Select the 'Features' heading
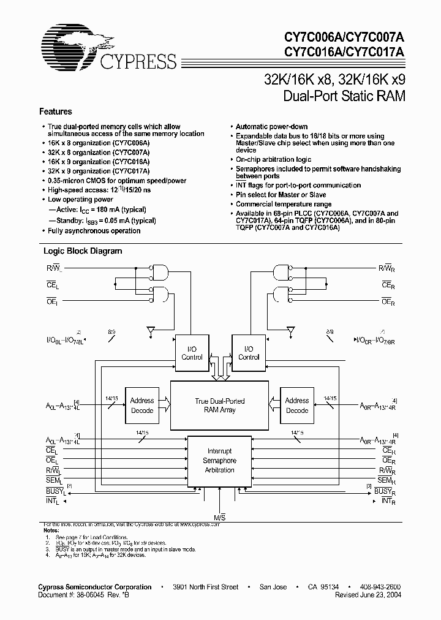pos(55,112)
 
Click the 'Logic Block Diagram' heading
pos(82,251)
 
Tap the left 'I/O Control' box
pos(192,353)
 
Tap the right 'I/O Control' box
pos(249,353)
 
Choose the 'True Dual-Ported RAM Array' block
pos(219,406)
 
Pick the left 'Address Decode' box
pos(142,405)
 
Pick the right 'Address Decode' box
pos(297,405)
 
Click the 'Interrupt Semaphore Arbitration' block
pos(219,460)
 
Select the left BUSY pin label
pos(54,491)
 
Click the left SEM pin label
pos(53,481)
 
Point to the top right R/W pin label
pos(389,268)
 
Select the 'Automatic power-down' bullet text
pos(272,127)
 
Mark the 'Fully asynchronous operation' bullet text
pos(94,231)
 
